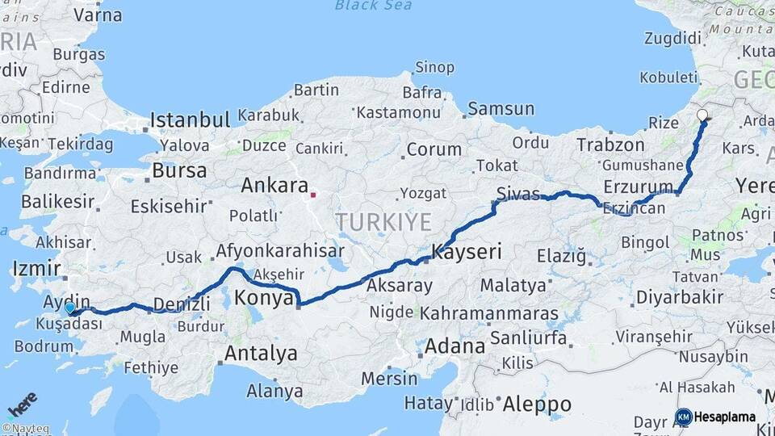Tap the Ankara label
pos(274,186)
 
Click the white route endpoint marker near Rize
pos(703,115)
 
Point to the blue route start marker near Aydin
pos(70,308)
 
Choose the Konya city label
pos(263,298)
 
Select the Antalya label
pos(261,353)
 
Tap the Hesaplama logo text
pos(724,417)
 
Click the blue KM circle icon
pos(683,417)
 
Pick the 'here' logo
pos(21,404)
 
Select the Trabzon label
pos(611,145)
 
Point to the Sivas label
pos(517,193)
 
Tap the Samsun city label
pos(501,108)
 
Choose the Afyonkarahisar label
pos(279,250)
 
